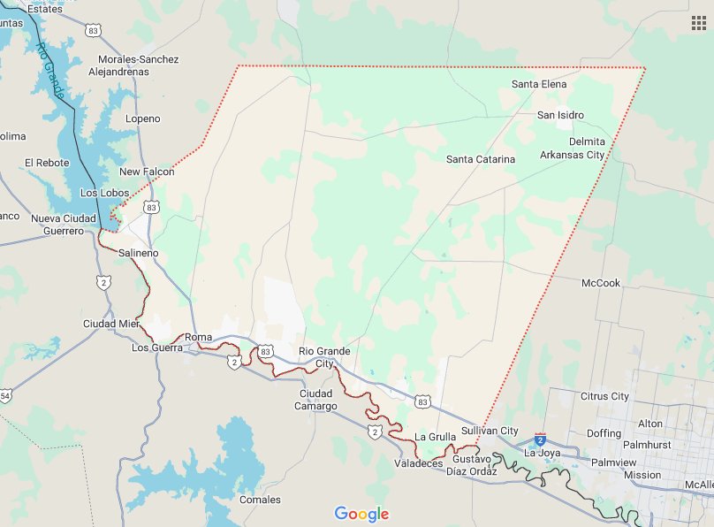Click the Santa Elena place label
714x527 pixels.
pyautogui.click(x=539, y=84)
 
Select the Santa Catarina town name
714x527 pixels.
pyautogui.click(x=480, y=160)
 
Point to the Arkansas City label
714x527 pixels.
pyautogui.click(x=573, y=155)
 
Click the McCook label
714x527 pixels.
pyautogui.click(x=601, y=283)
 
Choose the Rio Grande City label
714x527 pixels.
pyautogui.click(x=324, y=357)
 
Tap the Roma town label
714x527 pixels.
pyautogui.click(x=199, y=337)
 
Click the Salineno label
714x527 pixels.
pyautogui.click(x=139, y=253)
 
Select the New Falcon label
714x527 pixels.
pyautogui.click(x=147, y=172)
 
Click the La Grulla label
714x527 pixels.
pyautogui.click(x=435, y=437)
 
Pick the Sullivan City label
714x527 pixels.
pyautogui.click(x=490, y=431)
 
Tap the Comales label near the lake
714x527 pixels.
pyautogui.click(x=260, y=500)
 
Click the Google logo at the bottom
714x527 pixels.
pyautogui.click(x=361, y=515)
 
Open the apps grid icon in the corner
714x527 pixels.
pyautogui.click(x=698, y=23)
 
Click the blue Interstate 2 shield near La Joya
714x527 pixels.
pyautogui.click(x=541, y=439)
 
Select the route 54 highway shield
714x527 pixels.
pyautogui.click(x=4, y=393)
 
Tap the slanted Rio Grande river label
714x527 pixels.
pyautogui.click(x=50, y=70)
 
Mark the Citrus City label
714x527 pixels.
pyautogui.click(x=604, y=397)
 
